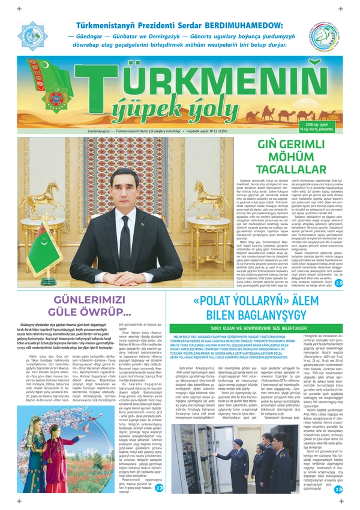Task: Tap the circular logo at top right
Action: pos(325,39)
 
